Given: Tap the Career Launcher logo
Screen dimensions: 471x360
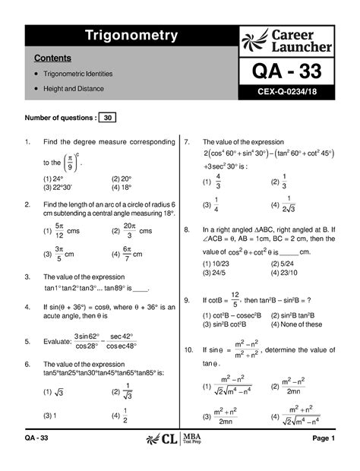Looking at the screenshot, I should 286,40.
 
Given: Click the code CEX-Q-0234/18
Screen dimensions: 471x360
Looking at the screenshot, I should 286,97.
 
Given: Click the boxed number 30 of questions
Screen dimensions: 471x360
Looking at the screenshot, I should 109,118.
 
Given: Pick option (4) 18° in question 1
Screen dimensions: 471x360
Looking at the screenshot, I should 121,188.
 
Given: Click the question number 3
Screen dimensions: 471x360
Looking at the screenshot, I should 27,278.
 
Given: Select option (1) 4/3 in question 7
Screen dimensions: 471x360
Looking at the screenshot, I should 212,182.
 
